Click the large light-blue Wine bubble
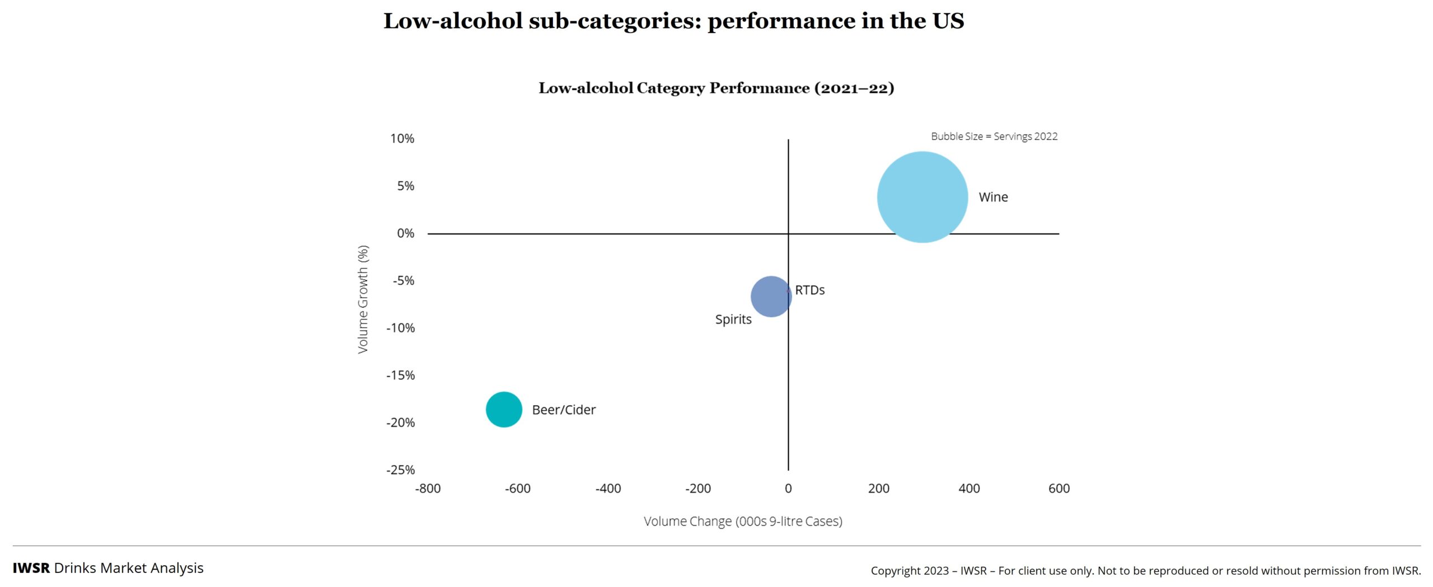pyautogui.click(x=922, y=197)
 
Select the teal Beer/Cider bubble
pyautogui.click(x=504, y=410)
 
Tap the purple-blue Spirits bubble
pyautogui.click(x=770, y=297)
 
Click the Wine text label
pyautogui.click(x=993, y=197)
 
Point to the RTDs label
pyautogui.click(x=809, y=290)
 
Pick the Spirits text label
pyautogui.click(x=733, y=320)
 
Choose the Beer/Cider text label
pyautogui.click(x=564, y=410)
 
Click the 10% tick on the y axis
pyautogui.click(x=402, y=138)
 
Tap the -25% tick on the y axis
pyautogui.click(x=400, y=470)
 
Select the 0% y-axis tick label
pyautogui.click(x=405, y=233)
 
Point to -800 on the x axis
pyautogui.click(x=428, y=489)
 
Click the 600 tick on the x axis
pyautogui.click(x=1059, y=489)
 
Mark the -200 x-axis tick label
pyautogui.click(x=698, y=489)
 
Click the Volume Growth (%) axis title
pyautogui.click(x=363, y=299)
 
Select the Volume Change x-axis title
pyautogui.click(x=743, y=522)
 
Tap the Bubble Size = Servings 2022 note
pyautogui.click(x=994, y=136)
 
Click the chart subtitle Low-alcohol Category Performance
pyautogui.click(x=716, y=88)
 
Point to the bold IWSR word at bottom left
pyautogui.click(x=31, y=568)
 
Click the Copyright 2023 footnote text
pyautogui.click(x=1145, y=571)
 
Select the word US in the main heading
pyautogui.click(x=948, y=21)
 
